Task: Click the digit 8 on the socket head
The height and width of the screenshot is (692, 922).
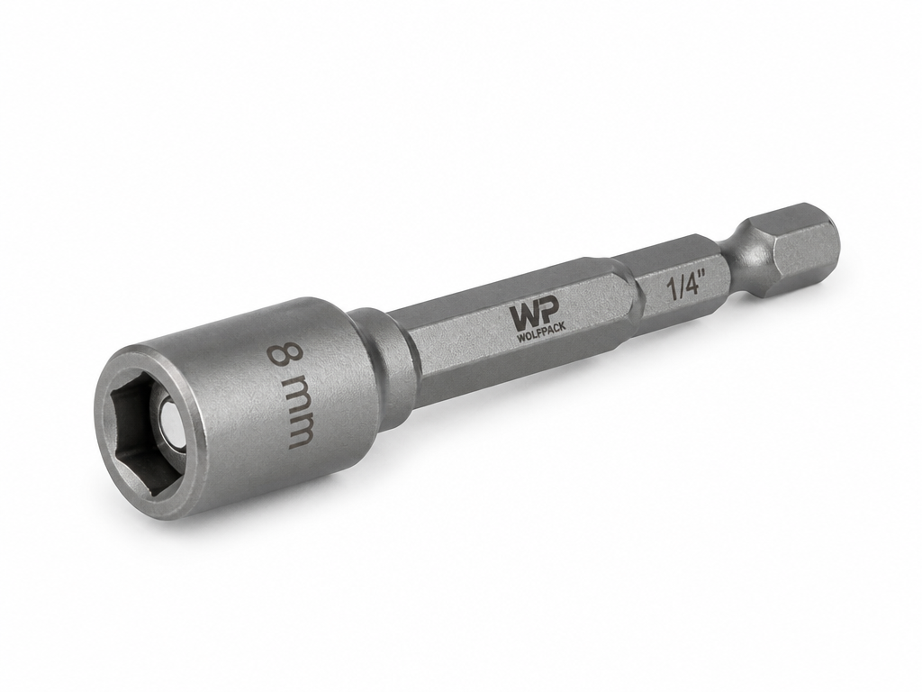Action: click(284, 357)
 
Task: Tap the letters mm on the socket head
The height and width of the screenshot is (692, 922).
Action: click(300, 414)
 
